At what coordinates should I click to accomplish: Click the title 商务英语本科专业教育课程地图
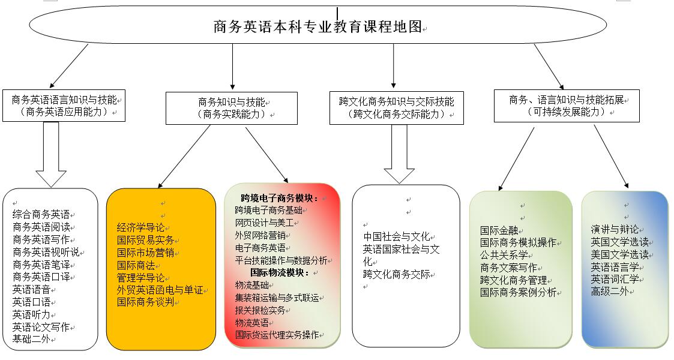click(x=317, y=26)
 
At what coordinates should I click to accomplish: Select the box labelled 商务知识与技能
click(x=231, y=108)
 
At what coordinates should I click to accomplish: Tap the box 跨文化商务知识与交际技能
click(x=396, y=108)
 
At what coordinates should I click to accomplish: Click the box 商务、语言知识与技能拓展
click(x=567, y=106)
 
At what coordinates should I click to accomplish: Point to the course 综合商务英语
click(x=41, y=214)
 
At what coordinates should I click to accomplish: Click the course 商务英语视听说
click(x=46, y=252)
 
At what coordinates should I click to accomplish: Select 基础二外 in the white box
click(x=31, y=340)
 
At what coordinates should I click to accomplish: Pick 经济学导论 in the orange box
click(x=140, y=227)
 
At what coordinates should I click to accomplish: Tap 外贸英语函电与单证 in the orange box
click(x=160, y=290)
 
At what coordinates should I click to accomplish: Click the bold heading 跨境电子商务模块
click(x=279, y=198)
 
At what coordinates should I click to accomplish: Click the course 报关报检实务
click(x=260, y=310)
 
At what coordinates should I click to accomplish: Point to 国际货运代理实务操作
click(x=277, y=335)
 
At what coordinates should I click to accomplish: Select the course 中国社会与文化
click(x=396, y=237)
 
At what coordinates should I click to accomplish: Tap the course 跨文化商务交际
click(x=396, y=275)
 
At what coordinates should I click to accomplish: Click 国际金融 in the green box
click(x=499, y=230)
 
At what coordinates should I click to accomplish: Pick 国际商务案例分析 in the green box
click(x=519, y=293)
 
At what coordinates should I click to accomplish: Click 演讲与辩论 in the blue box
click(x=615, y=229)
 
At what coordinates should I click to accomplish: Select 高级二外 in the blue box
click(x=610, y=292)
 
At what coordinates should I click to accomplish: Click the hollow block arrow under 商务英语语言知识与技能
click(x=51, y=155)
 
